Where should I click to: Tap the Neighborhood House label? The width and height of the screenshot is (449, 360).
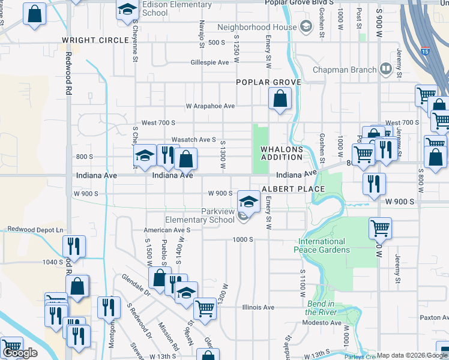(x=257, y=27)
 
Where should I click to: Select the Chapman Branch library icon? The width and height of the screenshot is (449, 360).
(x=386, y=70)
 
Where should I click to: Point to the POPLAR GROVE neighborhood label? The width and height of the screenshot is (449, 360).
(x=268, y=82)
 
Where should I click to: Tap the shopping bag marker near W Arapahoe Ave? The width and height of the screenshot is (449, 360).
(x=280, y=98)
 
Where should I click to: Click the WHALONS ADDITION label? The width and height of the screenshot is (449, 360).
(x=281, y=153)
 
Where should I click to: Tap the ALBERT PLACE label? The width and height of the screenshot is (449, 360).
(x=292, y=188)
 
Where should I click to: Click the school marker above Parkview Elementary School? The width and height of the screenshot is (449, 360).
(x=249, y=201)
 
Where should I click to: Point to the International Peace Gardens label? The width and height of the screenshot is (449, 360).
(x=321, y=245)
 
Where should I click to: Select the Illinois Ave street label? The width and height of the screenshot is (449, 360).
(x=258, y=307)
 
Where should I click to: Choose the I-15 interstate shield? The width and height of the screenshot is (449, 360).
(x=424, y=52)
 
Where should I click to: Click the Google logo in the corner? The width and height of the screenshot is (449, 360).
(x=20, y=353)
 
